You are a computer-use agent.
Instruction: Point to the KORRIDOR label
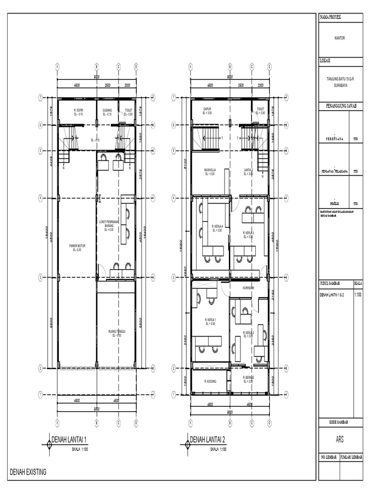click(249, 287)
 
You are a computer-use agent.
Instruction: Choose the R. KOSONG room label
click(211, 381)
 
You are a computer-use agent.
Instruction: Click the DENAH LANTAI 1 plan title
click(72, 440)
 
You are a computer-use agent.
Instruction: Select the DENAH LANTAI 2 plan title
click(208, 440)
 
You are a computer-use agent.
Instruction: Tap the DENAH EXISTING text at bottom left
click(28, 472)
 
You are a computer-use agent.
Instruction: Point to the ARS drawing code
click(340, 439)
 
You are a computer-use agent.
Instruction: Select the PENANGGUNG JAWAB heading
click(340, 106)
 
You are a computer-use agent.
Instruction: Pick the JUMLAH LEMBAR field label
click(351, 456)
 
